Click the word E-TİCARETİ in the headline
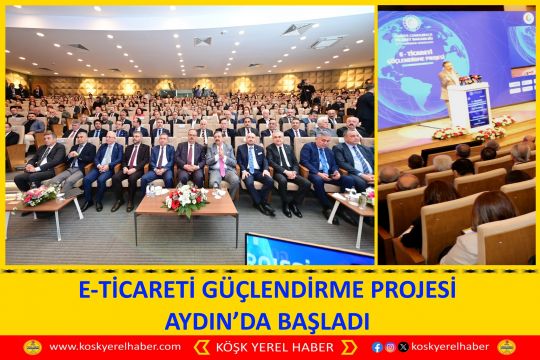click(129, 291)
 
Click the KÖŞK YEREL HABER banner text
click(269, 347)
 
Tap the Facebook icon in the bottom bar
click(377, 347)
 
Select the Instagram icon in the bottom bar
click(390, 347)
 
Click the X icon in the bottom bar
click(402, 347)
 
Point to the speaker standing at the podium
click(449, 80)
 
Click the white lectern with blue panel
click(470, 104)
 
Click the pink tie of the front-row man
click(221, 161)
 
